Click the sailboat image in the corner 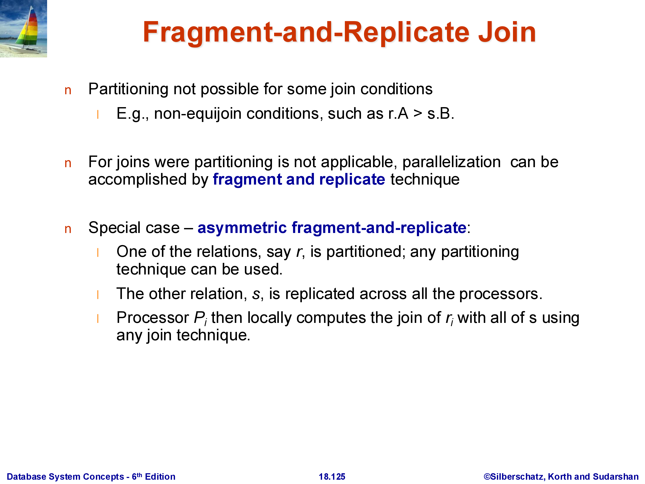tap(23, 29)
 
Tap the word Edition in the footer tap(160, 476)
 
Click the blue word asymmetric tap(242, 228)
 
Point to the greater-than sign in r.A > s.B tap(418, 114)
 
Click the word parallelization tap(451, 162)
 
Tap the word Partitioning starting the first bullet tap(128, 89)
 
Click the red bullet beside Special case tap(68, 229)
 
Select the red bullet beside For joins tap(68, 164)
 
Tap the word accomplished tap(138, 179)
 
